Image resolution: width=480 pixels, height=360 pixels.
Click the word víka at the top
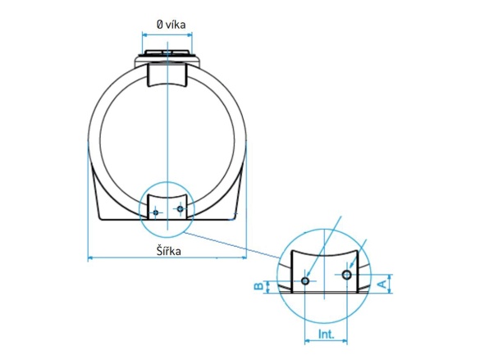[175, 25]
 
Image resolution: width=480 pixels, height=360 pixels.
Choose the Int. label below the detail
[327, 335]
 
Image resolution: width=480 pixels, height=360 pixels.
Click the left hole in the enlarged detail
[305, 280]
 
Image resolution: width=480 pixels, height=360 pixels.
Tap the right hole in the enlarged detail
[347, 274]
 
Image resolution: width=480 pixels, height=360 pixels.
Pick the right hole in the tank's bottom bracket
[180, 209]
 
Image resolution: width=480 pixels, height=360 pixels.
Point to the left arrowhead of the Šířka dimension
[89, 259]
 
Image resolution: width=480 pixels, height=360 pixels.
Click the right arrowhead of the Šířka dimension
[245, 259]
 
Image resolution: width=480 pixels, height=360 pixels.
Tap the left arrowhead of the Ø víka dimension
[145, 34]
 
